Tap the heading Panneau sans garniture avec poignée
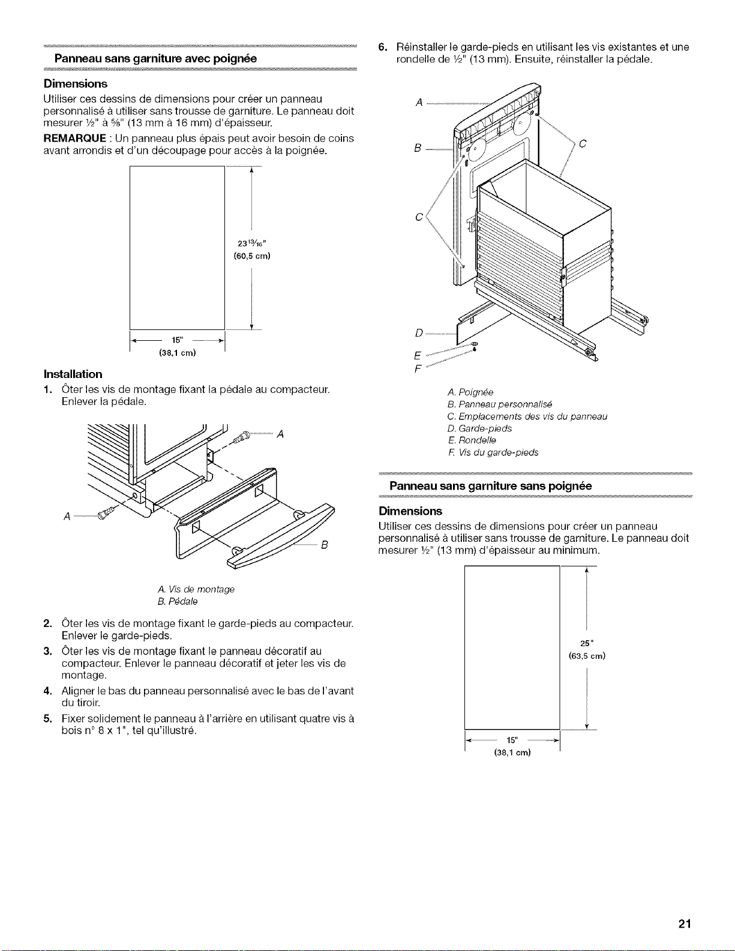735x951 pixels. pos(155,59)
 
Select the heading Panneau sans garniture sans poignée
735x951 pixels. pos(490,486)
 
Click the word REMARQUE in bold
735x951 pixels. pos(75,138)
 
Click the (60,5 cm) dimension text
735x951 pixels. pos(252,256)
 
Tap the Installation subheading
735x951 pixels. pos(73,374)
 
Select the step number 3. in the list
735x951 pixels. pos(48,651)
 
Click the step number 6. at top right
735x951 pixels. pos(383,47)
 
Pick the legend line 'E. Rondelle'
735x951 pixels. pos(472,440)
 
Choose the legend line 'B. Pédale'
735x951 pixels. pos(178,602)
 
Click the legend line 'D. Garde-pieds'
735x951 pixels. pos(479,428)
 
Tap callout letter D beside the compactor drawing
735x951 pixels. pos(419,334)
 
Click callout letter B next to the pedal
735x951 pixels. pos(325,545)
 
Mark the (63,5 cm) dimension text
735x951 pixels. pos(587,656)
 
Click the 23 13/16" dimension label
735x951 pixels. pos(251,244)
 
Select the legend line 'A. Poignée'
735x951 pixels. pos(470,392)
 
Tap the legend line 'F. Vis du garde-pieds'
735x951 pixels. pos(493,452)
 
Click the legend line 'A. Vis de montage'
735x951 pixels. pos(196,590)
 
